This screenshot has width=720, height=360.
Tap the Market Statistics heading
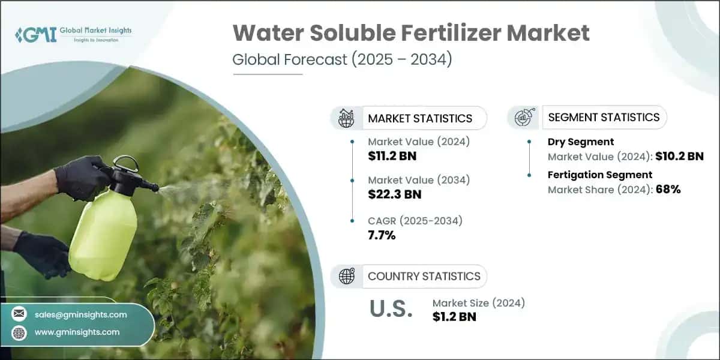[x=420, y=118]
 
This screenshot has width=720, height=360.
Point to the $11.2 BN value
[x=392, y=156]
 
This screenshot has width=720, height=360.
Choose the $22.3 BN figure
[x=394, y=194]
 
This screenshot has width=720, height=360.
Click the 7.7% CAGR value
[x=382, y=235]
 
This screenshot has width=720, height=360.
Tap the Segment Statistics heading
[x=604, y=117]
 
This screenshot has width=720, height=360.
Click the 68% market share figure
[x=668, y=189]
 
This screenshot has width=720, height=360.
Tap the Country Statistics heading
[x=424, y=276]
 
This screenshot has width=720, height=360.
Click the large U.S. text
[x=391, y=310]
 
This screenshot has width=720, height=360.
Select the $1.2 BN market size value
[x=454, y=316]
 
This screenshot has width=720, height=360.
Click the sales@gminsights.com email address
[x=80, y=314]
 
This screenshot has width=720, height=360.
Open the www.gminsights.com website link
[x=77, y=332]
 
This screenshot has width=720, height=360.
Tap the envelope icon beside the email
[x=20, y=314]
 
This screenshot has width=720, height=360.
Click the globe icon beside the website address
[x=20, y=332]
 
